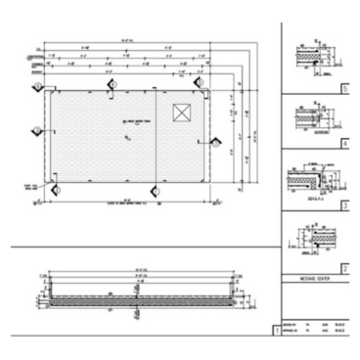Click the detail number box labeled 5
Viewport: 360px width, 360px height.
344,88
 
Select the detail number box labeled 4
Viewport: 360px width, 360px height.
344,143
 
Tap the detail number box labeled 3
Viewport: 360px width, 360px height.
344,206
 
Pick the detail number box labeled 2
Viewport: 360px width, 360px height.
344,267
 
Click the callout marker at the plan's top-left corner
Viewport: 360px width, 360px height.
38,86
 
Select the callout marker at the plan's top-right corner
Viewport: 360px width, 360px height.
207,86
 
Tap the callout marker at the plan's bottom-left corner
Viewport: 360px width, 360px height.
56,189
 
